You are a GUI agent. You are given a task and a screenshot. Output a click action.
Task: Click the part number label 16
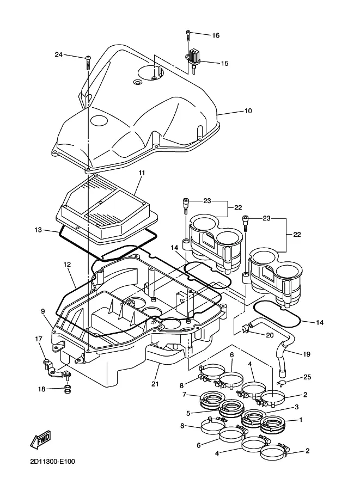216,35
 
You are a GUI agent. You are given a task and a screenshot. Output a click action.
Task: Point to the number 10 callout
248,111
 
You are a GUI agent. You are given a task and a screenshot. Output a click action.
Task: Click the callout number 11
142,173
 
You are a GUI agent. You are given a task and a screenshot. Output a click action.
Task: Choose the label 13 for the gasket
38,230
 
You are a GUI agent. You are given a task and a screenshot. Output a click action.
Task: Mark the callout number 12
67,265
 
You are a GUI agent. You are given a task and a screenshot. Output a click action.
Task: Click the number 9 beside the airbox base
42,311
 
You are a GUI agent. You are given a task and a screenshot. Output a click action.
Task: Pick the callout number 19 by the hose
306,354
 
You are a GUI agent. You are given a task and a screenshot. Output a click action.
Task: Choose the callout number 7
185,394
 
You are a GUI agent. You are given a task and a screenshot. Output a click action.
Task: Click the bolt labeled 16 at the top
188,34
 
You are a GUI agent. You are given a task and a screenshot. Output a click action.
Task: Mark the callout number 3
296,407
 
